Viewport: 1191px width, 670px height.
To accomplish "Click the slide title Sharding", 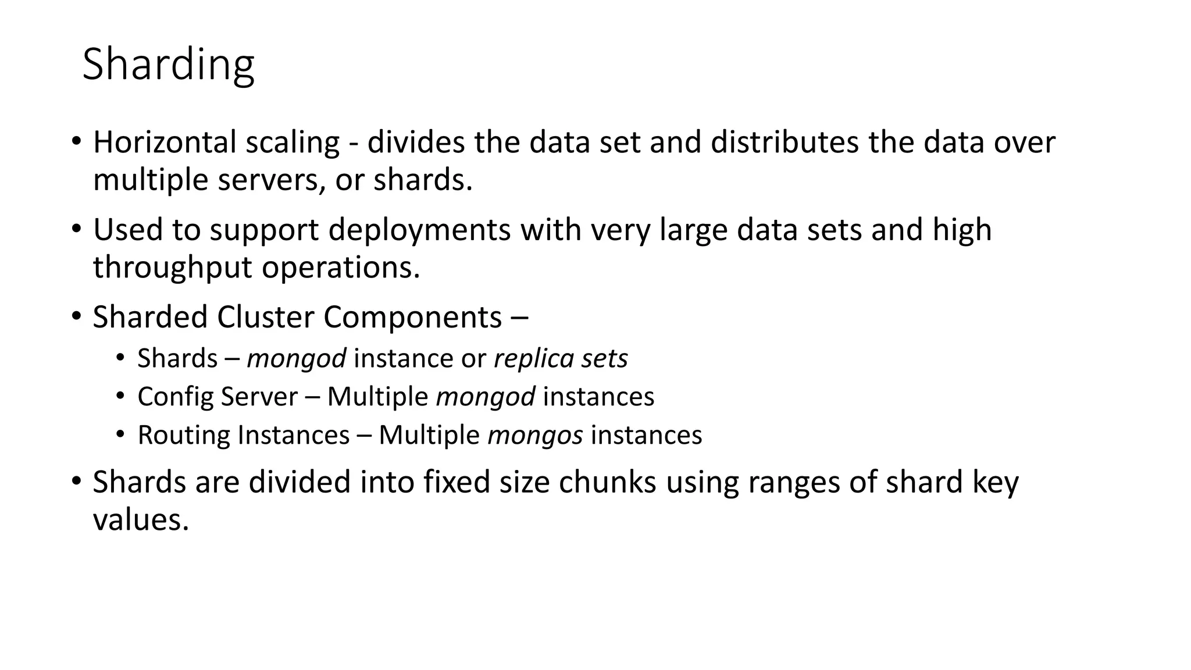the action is pyautogui.click(x=168, y=65).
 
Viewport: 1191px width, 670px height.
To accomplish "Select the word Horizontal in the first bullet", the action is pyautogui.click(x=165, y=142).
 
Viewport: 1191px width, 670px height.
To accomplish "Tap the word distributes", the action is pyautogui.click(x=785, y=142).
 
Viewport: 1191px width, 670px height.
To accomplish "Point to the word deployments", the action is pyautogui.click(x=419, y=230).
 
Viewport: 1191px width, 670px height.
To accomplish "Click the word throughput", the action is pyautogui.click(x=172, y=268).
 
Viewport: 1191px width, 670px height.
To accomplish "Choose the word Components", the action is pyautogui.click(x=412, y=318).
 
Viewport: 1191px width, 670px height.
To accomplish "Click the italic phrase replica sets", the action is pyautogui.click(x=561, y=358).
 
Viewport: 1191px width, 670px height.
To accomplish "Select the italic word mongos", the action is pyautogui.click(x=535, y=435).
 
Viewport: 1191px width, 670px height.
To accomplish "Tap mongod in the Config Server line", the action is pyautogui.click(x=486, y=397).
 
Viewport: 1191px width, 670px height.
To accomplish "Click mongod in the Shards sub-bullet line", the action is pyautogui.click(x=297, y=358).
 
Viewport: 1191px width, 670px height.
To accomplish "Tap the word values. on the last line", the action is pyautogui.click(x=141, y=519).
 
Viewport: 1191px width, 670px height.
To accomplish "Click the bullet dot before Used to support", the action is pyautogui.click(x=76, y=229).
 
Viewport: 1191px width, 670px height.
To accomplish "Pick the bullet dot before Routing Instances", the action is pyautogui.click(x=120, y=434).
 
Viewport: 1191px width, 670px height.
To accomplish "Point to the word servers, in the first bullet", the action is pyautogui.click(x=272, y=180).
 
